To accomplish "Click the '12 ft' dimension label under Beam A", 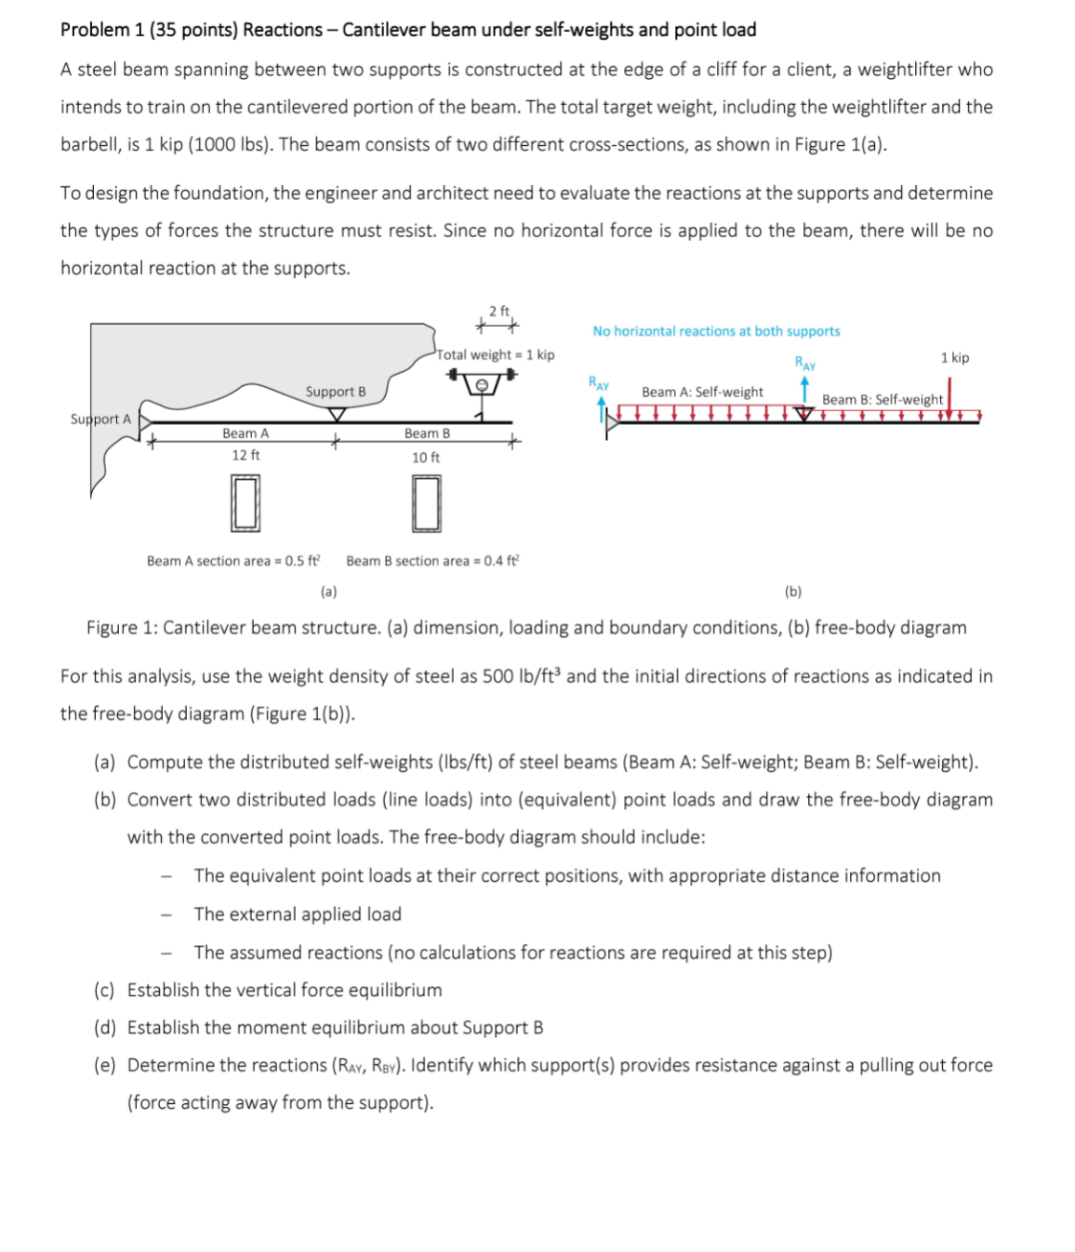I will click(246, 455).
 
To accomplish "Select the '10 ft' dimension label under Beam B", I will click(426, 457).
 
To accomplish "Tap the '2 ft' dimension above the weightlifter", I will click(499, 312).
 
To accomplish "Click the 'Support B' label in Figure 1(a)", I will click(336, 392).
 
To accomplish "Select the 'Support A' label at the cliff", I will click(100, 419).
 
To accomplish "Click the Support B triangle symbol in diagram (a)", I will click(337, 414).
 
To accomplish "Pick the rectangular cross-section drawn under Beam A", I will click(246, 503).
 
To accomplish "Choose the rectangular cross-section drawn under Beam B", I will click(426, 503).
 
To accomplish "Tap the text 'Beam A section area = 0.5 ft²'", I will click(233, 561).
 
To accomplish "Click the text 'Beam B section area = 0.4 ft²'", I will click(432, 561).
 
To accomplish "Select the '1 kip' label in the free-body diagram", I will click(954, 358).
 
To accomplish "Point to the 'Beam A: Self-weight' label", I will click(702, 393).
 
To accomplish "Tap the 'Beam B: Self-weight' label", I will click(882, 400).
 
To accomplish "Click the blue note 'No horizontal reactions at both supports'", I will click(716, 331).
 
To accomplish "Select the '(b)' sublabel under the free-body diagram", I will click(792, 592).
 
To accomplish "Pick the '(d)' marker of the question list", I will click(104, 1028).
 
